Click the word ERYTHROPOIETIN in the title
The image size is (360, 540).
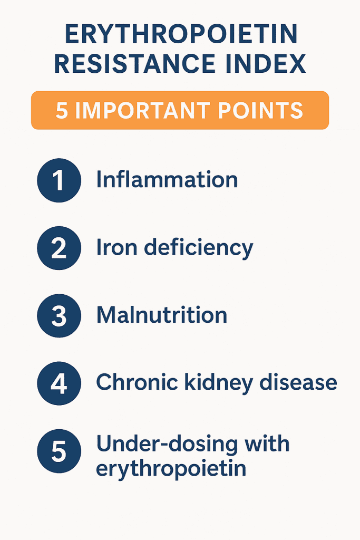click(180, 35)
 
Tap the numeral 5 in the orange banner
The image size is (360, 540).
click(62, 110)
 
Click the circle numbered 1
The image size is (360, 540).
click(59, 180)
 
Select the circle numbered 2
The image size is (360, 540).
click(59, 248)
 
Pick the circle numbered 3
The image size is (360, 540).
click(59, 316)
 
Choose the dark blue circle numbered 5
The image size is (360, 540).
click(59, 451)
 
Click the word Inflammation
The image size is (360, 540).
click(167, 180)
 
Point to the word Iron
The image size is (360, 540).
click(113, 247)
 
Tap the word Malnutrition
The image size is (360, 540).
click(161, 315)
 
